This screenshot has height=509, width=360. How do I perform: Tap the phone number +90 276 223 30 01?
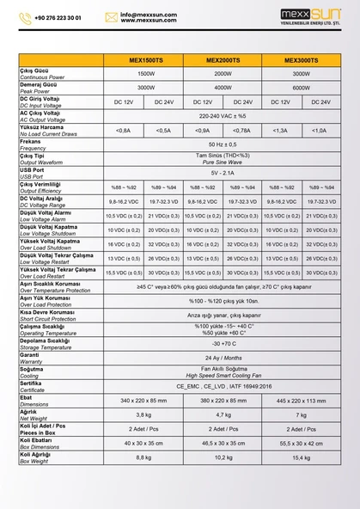coord(59,16)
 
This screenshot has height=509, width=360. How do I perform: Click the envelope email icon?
coord(112,16)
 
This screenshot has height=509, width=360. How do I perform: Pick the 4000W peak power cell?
coord(222,88)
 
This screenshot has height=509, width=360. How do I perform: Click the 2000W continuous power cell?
coord(222,74)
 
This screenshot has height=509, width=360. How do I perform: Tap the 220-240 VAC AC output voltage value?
coord(222,115)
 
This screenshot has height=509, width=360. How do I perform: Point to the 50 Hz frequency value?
coord(222,144)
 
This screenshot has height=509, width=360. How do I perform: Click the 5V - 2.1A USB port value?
coord(222,172)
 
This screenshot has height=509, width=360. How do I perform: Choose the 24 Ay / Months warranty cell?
coord(222,357)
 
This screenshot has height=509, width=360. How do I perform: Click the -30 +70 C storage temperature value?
coord(222,343)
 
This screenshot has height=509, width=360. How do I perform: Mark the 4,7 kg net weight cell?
coord(222,414)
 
